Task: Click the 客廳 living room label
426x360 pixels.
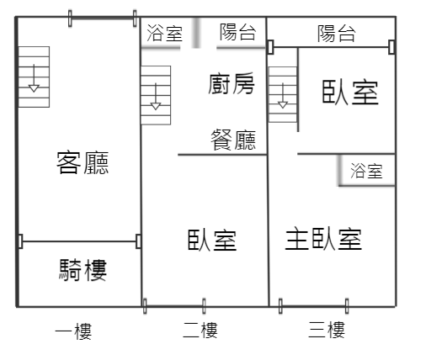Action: tap(83, 162)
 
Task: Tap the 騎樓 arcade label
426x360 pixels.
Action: tap(83, 270)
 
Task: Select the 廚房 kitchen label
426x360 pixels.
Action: tap(232, 83)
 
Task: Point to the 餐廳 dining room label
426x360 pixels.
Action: tap(233, 140)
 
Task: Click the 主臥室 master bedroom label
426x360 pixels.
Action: tap(323, 239)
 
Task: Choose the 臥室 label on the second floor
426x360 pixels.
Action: tap(212, 240)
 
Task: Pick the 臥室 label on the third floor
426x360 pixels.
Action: tap(350, 93)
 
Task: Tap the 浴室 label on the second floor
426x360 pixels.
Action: tap(165, 33)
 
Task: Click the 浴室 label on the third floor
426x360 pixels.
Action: tap(366, 171)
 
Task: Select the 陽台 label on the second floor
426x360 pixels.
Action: tap(237, 32)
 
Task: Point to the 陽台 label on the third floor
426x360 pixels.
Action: tap(337, 34)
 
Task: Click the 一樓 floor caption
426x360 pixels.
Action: tap(73, 331)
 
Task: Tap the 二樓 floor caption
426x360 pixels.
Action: tap(200, 330)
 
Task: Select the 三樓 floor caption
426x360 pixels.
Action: tap(327, 330)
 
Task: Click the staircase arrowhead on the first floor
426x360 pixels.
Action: tap(34, 88)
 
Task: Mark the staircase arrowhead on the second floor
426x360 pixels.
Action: tap(156, 106)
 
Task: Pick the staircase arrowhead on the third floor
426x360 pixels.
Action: tap(283, 105)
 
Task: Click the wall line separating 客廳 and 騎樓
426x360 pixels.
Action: tap(79, 241)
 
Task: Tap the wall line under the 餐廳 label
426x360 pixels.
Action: tap(222, 155)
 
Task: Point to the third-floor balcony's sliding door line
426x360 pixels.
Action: tap(331, 47)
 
